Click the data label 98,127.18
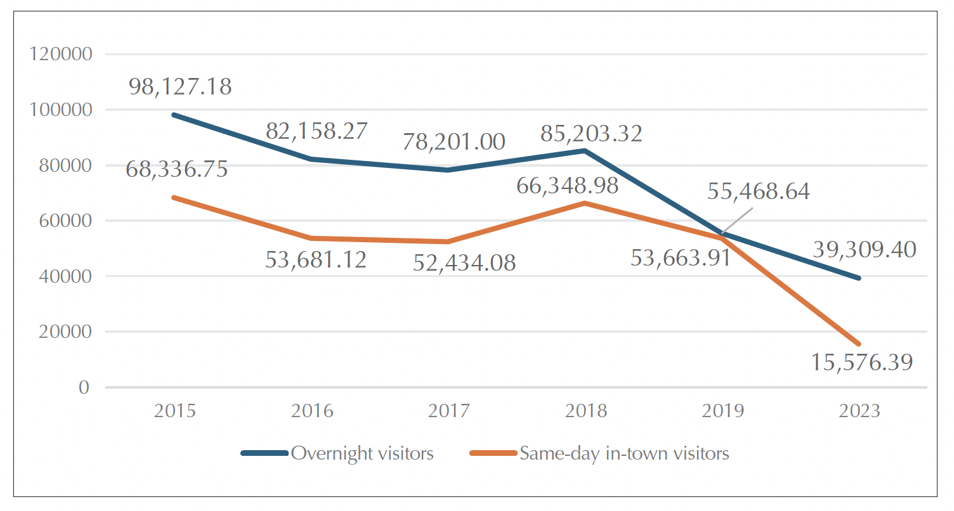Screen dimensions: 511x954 (x=180, y=87)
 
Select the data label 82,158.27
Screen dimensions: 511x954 (x=317, y=131)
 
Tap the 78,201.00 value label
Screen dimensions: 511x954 (x=454, y=141)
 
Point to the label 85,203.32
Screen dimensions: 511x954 (x=591, y=134)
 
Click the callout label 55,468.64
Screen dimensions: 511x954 (x=759, y=191)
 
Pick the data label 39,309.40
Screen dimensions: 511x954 (x=865, y=250)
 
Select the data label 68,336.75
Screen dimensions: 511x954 (x=178, y=170)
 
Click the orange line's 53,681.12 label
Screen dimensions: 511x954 (x=316, y=259)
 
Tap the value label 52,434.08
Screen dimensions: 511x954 (x=464, y=262)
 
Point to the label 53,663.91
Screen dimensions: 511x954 (x=681, y=259)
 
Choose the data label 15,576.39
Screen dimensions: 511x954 (x=861, y=363)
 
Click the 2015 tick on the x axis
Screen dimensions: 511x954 (x=174, y=411)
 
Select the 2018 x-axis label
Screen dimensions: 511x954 (x=585, y=411)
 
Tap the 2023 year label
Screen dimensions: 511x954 (x=859, y=411)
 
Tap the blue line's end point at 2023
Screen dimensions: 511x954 (x=859, y=278)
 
